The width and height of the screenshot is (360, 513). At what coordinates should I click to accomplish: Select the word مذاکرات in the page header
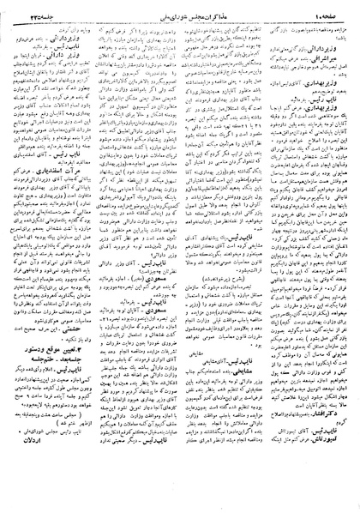[211, 9]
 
